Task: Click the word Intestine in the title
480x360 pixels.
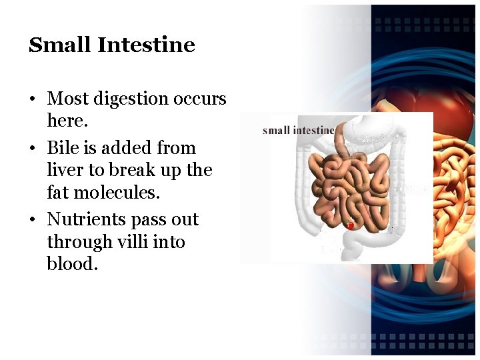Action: click(x=146, y=45)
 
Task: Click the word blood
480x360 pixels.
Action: click(x=72, y=264)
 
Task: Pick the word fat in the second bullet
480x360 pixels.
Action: click(x=57, y=193)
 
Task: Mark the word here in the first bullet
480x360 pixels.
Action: click(x=67, y=121)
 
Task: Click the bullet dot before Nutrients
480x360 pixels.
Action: click(x=32, y=220)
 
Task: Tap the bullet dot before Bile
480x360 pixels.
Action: click(x=32, y=148)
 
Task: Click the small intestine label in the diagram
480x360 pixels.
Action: click(x=298, y=130)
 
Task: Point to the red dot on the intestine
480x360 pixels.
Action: click(x=351, y=226)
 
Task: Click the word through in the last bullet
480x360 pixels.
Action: click(x=79, y=242)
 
